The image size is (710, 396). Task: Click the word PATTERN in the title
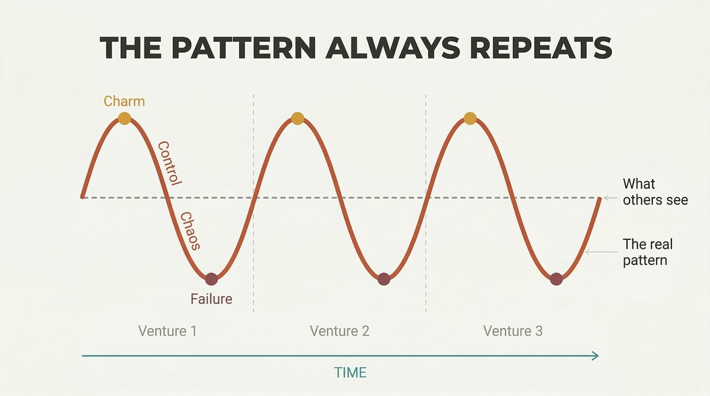click(245, 48)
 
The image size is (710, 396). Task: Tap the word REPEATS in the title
click(540, 48)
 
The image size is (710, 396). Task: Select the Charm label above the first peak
click(124, 101)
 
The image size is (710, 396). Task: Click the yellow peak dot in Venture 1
click(125, 118)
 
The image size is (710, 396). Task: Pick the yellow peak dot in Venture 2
click(297, 118)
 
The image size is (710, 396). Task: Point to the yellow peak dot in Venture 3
click(470, 118)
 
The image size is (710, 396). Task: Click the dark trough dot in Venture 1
click(211, 279)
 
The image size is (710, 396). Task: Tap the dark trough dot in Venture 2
click(384, 279)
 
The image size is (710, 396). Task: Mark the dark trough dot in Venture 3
click(556, 279)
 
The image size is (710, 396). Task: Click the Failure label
click(211, 299)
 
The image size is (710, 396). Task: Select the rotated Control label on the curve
click(170, 163)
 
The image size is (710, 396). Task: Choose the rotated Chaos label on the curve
click(190, 231)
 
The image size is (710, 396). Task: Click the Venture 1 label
click(167, 331)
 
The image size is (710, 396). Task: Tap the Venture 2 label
click(340, 331)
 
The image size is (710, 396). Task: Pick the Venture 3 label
click(513, 331)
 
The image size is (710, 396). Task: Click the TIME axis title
click(350, 372)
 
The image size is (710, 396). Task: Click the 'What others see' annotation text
click(655, 192)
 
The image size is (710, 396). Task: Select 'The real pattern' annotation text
click(647, 252)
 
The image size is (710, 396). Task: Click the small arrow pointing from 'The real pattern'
click(601, 252)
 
